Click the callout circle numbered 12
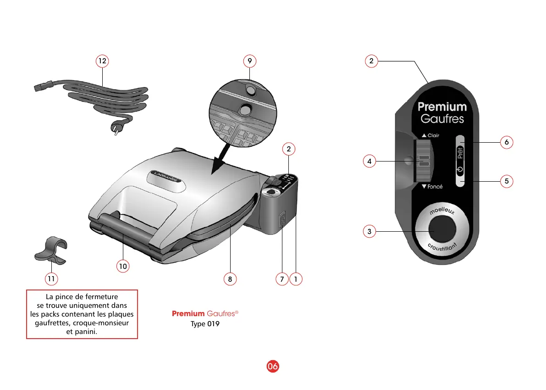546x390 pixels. [102, 61]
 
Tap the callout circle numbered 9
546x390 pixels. [249, 61]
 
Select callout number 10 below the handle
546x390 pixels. [122, 266]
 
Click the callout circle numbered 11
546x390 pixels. [51, 278]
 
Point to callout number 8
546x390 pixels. [230, 278]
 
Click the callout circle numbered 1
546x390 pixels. [296, 278]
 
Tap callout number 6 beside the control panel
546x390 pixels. [507, 142]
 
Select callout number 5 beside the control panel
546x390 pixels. [507, 181]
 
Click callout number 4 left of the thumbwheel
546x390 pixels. [369, 161]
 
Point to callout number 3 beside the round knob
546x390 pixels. [369, 231]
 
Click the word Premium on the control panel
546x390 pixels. [442, 107]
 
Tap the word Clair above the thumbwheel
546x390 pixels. [433, 135]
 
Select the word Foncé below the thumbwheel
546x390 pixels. [435, 187]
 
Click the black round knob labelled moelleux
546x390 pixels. [442, 230]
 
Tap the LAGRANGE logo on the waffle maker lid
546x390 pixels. [167, 177]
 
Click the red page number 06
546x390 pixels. [273, 366]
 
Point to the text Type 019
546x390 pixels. [205, 324]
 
